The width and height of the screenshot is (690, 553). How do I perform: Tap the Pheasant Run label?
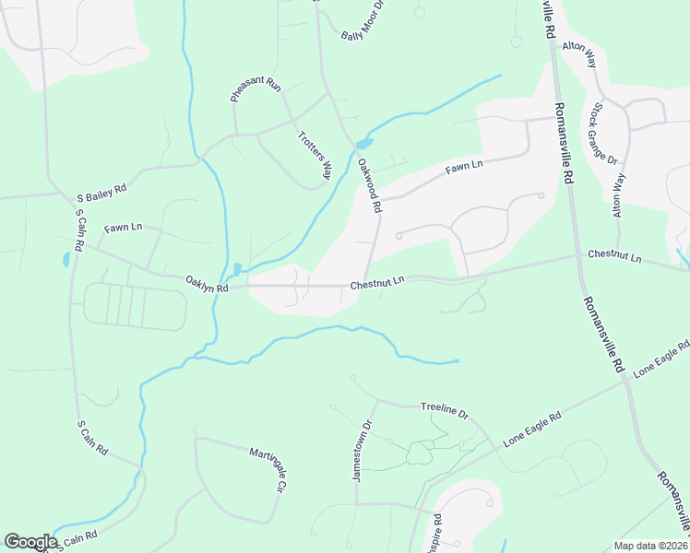click(255, 89)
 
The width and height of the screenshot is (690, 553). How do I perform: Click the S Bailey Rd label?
click(101, 187)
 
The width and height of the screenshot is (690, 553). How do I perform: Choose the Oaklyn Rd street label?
click(206, 282)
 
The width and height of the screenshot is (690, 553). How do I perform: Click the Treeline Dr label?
click(445, 406)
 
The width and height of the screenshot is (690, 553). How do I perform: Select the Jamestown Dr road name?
click(359, 452)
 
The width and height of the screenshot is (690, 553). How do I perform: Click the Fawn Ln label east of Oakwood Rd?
click(464, 168)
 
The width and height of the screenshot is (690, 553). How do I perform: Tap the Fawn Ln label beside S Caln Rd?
click(123, 227)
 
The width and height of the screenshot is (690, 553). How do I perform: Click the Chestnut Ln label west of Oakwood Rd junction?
click(377, 281)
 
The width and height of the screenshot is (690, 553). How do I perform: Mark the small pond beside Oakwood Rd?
click(363, 144)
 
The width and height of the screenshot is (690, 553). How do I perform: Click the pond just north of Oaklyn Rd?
click(237, 269)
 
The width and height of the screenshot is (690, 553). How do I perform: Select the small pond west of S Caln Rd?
click(65, 260)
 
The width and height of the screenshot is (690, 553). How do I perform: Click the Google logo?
click(30, 541)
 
